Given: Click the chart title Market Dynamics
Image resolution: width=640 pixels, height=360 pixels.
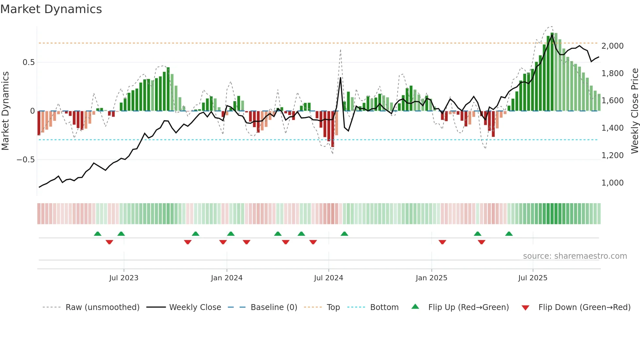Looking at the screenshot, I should (51, 9).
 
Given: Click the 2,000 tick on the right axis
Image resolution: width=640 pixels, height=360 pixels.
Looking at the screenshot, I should (612, 46).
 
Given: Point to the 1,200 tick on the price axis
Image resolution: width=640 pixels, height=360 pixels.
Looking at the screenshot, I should (612, 155).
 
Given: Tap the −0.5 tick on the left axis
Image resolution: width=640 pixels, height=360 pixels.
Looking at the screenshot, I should (25, 160).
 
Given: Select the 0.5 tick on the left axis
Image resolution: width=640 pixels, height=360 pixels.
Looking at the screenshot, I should (28, 62).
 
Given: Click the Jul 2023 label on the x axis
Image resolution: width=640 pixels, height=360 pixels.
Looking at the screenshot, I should (124, 278).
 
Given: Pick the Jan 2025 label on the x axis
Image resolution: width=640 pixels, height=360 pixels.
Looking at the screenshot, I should (431, 278).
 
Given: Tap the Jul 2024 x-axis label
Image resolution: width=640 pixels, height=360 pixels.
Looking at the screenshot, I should (328, 278).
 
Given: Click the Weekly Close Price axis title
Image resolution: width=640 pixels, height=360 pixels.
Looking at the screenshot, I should (634, 111).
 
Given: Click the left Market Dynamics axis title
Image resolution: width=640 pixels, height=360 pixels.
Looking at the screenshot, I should (5, 111).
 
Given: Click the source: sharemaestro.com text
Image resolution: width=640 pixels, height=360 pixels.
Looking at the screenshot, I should (575, 256).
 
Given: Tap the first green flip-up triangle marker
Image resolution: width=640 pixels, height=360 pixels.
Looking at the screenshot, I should (98, 234).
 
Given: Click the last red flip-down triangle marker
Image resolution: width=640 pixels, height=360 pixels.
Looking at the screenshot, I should (481, 242).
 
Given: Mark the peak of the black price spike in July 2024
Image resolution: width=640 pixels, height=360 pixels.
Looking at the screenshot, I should (341, 78).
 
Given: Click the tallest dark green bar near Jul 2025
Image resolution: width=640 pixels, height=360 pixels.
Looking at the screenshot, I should (552, 72).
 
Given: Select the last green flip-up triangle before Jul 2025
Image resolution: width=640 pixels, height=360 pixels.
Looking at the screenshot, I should (509, 234).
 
